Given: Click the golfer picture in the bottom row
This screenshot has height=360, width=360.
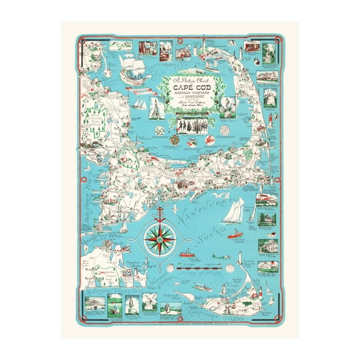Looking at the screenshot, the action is tap(169, 306).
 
